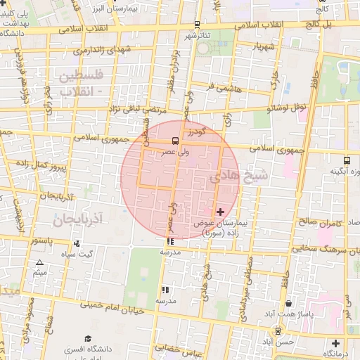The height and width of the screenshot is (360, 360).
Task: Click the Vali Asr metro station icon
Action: coord(175,139)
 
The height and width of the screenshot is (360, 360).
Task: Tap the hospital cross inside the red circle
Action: coord(221,211)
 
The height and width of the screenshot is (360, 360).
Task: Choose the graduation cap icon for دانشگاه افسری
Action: coord(88,339)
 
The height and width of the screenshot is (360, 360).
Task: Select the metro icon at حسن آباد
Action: coord(278,330)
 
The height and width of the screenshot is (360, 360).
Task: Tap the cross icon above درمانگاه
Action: coord(335,344)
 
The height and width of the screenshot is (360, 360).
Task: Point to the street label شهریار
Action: coord(255,46)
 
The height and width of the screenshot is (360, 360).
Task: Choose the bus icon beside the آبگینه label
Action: coord(347,160)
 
